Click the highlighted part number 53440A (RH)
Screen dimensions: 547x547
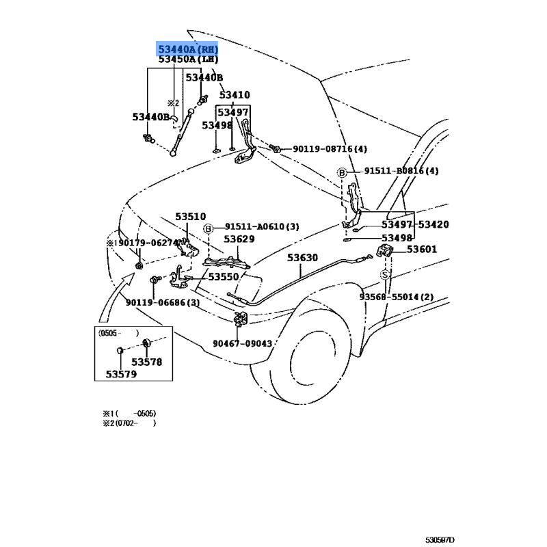pyautogui.click(x=188, y=49)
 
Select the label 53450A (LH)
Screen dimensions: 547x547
pyautogui.click(x=187, y=60)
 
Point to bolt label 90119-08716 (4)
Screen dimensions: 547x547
pyautogui.click(x=330, y=149)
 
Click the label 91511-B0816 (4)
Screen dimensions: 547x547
pyautogui.click(x=401, y=171)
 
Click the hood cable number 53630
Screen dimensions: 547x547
pyautogui.click(x=302, y=258)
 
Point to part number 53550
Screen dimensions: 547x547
pyautogui.click(x=224, y=277)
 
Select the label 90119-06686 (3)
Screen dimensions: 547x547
pyautogui.click(x=162, y=303)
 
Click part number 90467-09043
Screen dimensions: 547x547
pyautogui.click(x=242, y=344)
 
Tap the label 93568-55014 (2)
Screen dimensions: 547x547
pyautogui.click(x=397, y=297)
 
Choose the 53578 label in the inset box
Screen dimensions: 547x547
pyautogui.click(x=147, y=362)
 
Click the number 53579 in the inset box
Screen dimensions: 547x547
pyautogui.click(x=120, y=374)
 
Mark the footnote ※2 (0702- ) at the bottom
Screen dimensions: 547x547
pyautogui.click(x=129, y=423)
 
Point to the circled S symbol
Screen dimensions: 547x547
pyautogui.click(x=385, y=274)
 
